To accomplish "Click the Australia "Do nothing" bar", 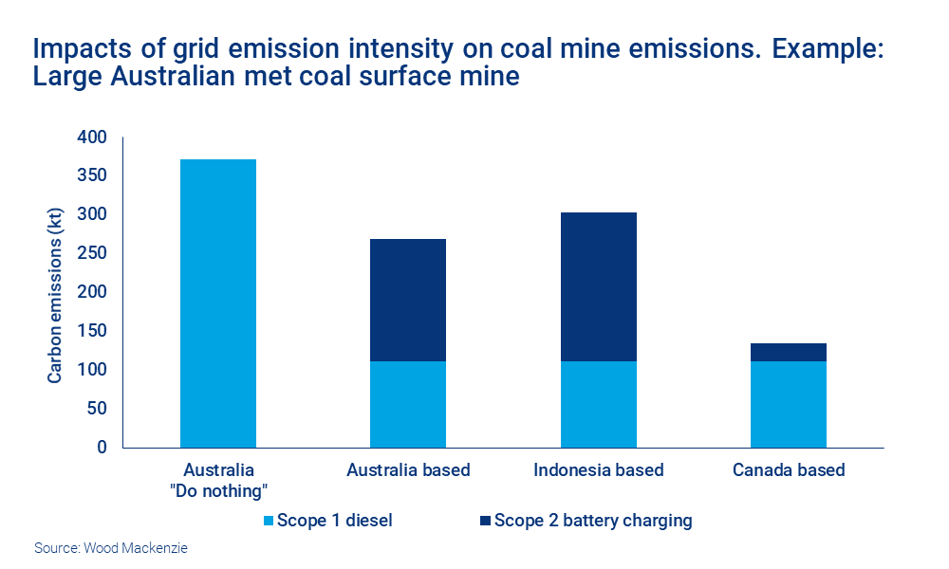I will tap(218, 303).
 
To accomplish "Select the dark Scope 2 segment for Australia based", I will tap(408, 300).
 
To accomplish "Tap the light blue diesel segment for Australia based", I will tap(408, 404).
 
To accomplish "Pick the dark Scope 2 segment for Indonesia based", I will tap(598, 286).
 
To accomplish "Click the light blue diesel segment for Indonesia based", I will tap(598, 404).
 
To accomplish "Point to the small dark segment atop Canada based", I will tap(788, 352).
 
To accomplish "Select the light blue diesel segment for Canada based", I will tap(788, 404).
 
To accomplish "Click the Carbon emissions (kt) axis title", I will tap(55, 292).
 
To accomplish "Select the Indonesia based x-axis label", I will tap(598, 470).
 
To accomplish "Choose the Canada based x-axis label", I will tap(788, 470).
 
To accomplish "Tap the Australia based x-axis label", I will tap(408, 470).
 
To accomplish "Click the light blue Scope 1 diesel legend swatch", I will tap(268, 521).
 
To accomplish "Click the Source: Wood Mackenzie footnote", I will tap(111, 548).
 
